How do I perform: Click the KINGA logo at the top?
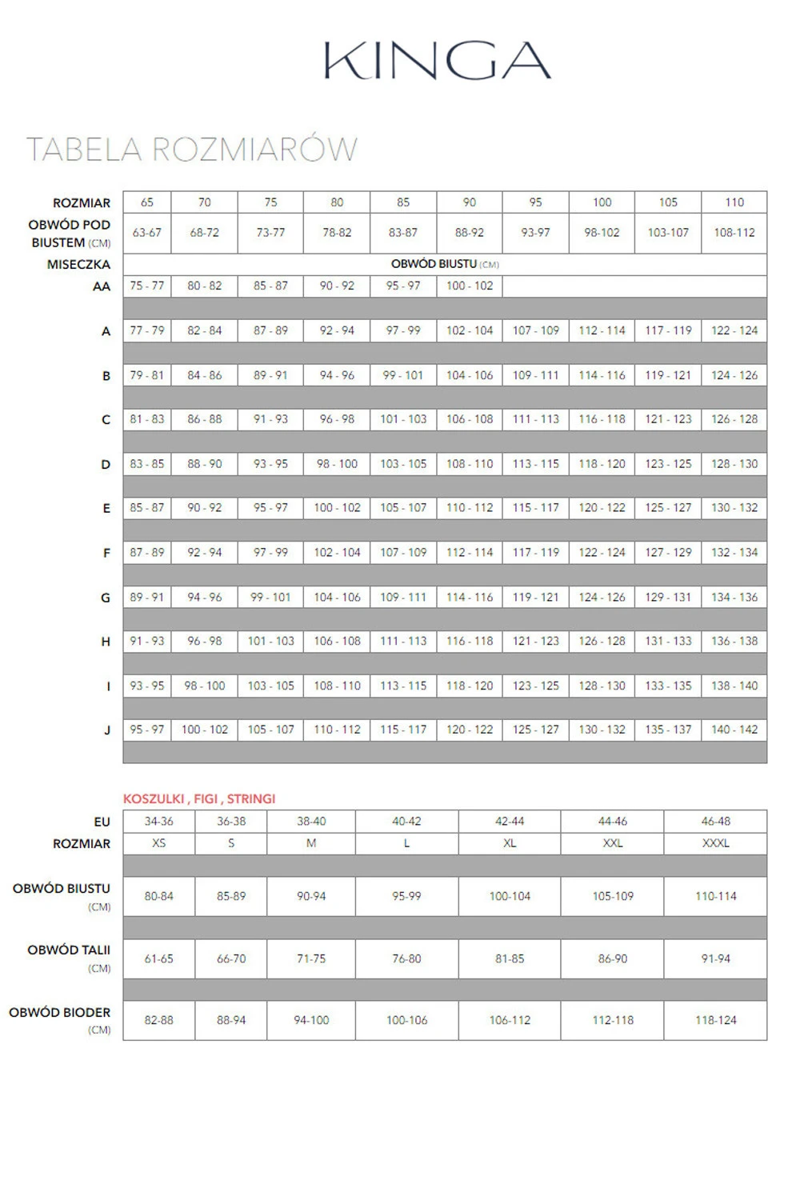(437, 60)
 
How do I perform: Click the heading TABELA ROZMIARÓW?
(192, 150)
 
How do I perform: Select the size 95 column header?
(535, 202)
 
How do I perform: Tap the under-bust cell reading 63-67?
(147, 233)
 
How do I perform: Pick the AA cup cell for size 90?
(470, 286)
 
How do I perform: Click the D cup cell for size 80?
(337, 464)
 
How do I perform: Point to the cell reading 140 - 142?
(734, 730)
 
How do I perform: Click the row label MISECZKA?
(78, 264)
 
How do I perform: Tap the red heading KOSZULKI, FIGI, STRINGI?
(199, 798)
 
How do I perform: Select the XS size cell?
(158, 843)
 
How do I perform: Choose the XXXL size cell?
(715, 843)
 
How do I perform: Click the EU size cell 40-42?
(406, 821)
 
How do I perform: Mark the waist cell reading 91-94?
(715, 958)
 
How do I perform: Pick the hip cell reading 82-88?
(158, 1020)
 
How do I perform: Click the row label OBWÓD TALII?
(69, 950)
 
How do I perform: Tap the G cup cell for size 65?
(147, 597)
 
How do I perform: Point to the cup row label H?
(106, 642)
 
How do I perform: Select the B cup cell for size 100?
(602, 375)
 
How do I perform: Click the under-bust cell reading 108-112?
(734, 233)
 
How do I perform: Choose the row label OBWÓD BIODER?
(59, 1012)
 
